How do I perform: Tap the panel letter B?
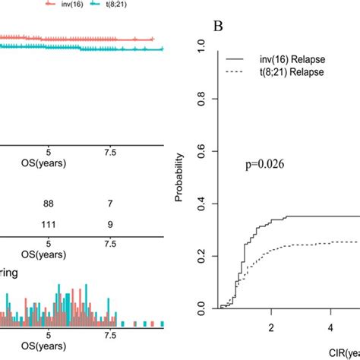coord(219,27)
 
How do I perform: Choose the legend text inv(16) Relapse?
coord(292,58)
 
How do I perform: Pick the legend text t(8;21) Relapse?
coord(292,71)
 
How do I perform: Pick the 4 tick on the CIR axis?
coord(330,327)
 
